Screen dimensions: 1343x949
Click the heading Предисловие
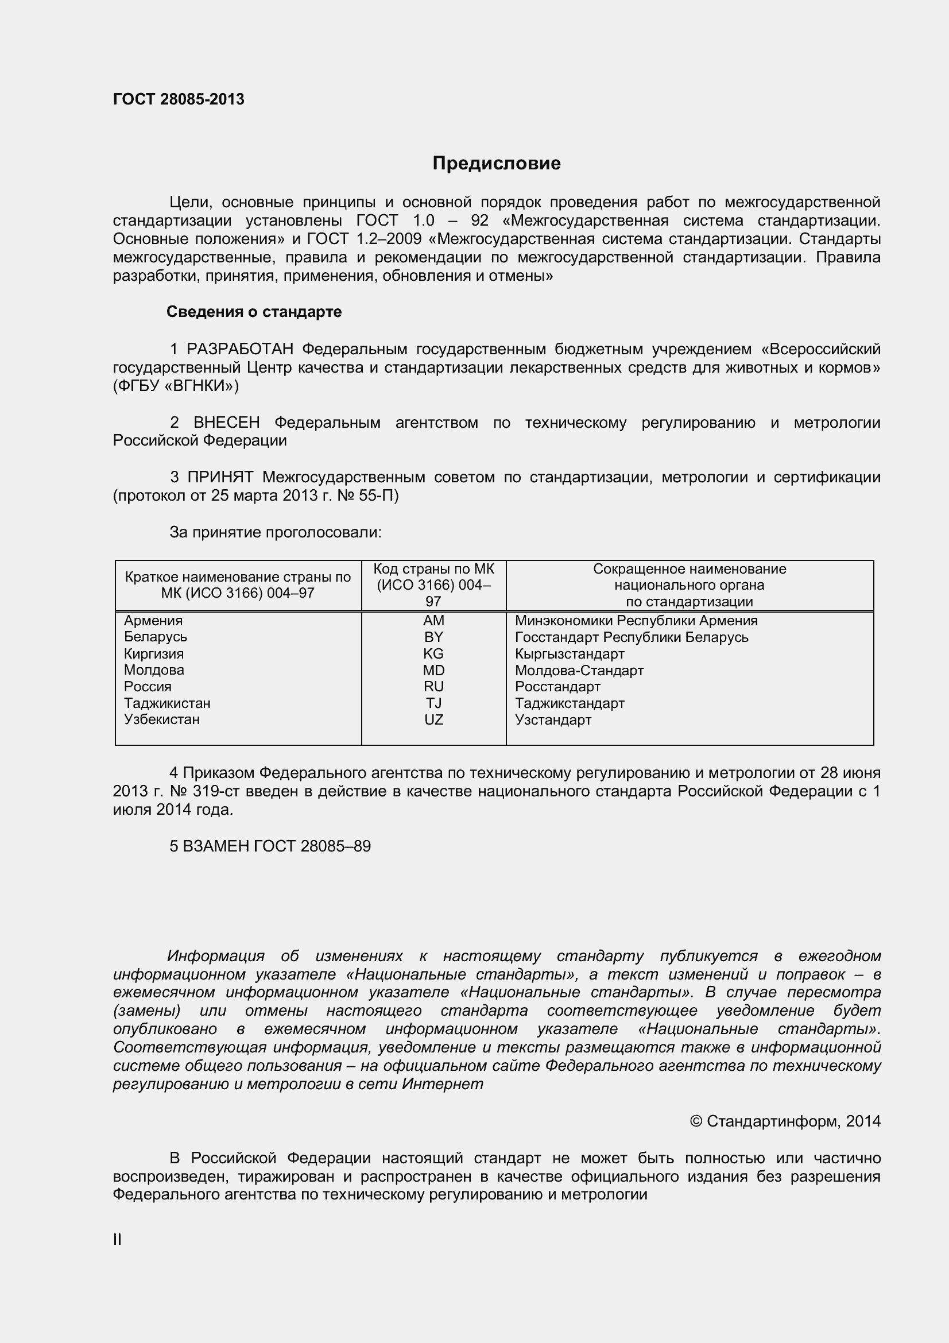coord(497,163)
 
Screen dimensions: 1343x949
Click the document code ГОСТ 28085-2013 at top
coord(179,99)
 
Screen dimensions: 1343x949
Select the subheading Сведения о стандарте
coord(254,312)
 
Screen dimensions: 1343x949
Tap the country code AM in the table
coord(433,621)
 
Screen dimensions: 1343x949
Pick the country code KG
coord(433,653)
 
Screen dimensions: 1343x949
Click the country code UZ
coord(433,719)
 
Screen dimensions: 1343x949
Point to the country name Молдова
coord(154,669)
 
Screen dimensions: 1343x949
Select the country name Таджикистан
coord(167,703)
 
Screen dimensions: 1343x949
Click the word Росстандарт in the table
coord(557,687)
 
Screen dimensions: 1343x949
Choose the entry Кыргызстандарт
coord(570,654)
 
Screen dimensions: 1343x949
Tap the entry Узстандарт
coord(553,720)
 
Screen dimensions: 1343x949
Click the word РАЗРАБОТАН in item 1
coord(240,349)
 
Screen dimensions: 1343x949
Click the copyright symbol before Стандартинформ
coord(695,1122)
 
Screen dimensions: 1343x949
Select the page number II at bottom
coord(117,1240)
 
